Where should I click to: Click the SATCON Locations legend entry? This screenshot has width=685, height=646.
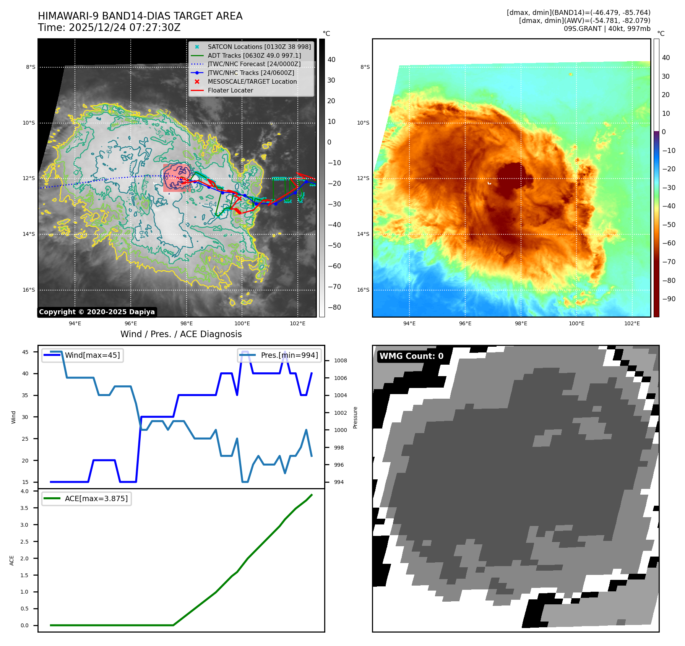pyautogui.click(x=259, y=47)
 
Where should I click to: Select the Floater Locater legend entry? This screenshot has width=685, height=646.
pyautogui.click(x=230, y=90)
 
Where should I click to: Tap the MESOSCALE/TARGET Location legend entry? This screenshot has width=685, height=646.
pyautogui.click(x=252, y=81)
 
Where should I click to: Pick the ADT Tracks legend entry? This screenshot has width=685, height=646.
pyautogui.click(x=254, y=55)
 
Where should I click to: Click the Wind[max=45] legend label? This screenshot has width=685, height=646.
pyautogui.click(x=92, y=355)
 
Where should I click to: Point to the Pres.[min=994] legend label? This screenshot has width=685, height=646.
pyautogui.click(x=289, y=355)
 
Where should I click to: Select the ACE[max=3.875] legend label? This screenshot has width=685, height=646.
pyautogui.click(x=96, y=498)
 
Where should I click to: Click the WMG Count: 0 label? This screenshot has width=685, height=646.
pyautogui.click(x=411, y=356)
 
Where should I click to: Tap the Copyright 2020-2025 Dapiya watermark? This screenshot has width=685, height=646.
pyautogui.click(x=97, y=312)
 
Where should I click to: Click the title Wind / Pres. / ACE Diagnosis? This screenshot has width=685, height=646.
pyautogui.click(x=181, y=334)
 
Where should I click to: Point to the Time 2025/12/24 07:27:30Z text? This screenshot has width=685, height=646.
pyautogui.click(x=109, y=28)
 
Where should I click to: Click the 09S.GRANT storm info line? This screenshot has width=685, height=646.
pyautogui.click(x=607, y=29)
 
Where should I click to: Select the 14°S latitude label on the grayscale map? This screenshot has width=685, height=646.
pyautogui.click(x=29, y=234)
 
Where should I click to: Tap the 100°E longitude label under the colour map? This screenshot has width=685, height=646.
pyautogui.click(x=576, y=323)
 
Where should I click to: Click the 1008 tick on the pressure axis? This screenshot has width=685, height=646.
pyautogui.click(x=340, y=360)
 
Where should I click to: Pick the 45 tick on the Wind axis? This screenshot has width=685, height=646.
pyautogui.click(x=25, y=352)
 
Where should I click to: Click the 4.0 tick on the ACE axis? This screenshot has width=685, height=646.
pyautogui.click(x=24, y=491)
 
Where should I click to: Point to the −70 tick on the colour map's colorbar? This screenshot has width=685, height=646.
pyautogui.click(x=669, y=262)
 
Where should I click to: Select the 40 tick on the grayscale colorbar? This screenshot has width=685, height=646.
pyautogui.click(x=331, y=60)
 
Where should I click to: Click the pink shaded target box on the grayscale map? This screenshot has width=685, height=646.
pyautogui.click(x=176, y=178)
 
